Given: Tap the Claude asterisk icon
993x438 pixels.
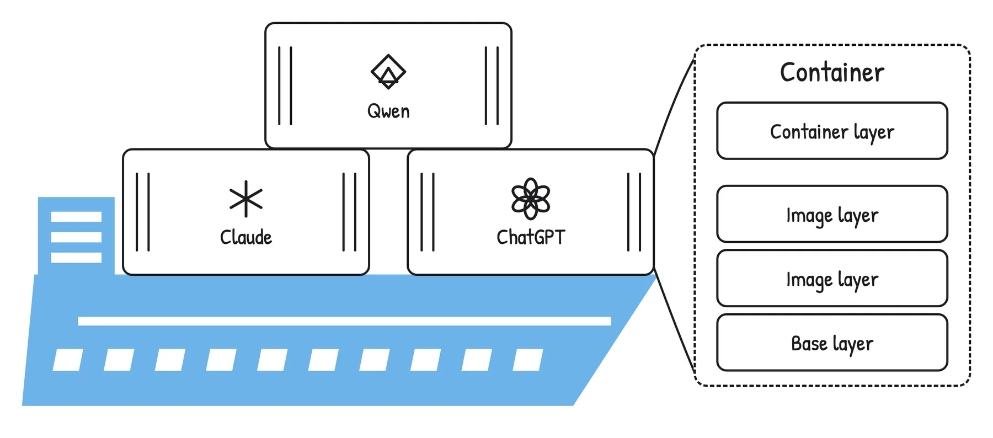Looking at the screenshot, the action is (x=246, y=199).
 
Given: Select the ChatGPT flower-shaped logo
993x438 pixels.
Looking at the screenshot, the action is (x=531, y=199).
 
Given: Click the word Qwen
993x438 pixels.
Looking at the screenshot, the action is (x=388, y=111).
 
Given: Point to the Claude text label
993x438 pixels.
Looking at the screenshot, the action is (x=246, y=237).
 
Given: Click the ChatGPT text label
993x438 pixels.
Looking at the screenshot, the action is (x=531, y=237).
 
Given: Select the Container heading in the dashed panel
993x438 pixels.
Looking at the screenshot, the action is (x=832, y=72).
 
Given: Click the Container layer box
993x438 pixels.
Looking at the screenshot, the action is (x=832, y=131).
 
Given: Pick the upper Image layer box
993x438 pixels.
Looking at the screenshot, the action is (x=832, y=214).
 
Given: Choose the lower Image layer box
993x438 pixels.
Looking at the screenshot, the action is (x=832, y=278).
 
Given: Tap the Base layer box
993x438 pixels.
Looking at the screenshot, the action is (x=832, y=343).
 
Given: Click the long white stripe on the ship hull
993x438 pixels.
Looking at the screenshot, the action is (x=344, y=321).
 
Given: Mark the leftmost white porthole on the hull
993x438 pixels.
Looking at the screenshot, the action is (x=68, y=360).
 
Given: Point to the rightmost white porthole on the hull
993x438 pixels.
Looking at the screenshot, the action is (x=528, y=360).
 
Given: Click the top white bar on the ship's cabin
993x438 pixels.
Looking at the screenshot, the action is (x=76, y=217).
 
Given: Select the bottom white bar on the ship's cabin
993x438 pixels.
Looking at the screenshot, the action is (x=76, y=258).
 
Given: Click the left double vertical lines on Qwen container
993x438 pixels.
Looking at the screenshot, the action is (x=285, y=86).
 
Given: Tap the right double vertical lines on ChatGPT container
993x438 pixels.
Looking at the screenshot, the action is (x=634, y=212).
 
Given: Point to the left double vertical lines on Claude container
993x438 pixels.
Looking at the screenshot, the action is (x=143, y=212).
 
